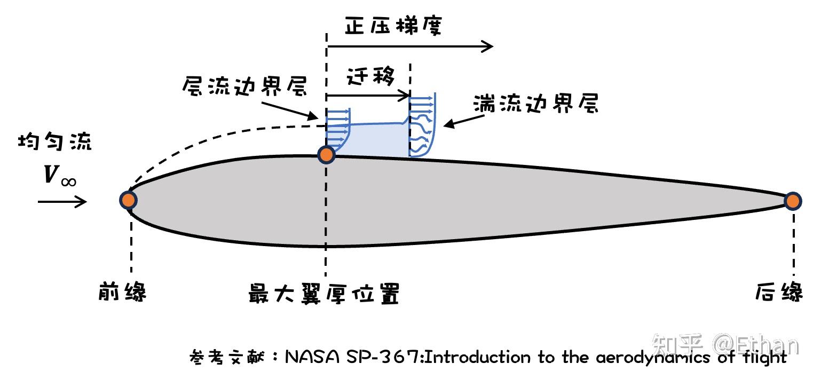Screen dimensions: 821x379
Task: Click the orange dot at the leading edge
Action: point(128,200)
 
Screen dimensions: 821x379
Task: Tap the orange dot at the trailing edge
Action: point(793,201)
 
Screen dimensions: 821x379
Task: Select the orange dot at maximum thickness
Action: point(326,155)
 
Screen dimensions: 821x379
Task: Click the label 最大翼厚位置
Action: point(324,294)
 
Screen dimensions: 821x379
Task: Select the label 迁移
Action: point(370,77)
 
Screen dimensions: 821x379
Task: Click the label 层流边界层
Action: point(245,86)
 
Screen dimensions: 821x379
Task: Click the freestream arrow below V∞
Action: point(62,201)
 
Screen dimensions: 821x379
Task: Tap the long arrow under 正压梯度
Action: point(410,47)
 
